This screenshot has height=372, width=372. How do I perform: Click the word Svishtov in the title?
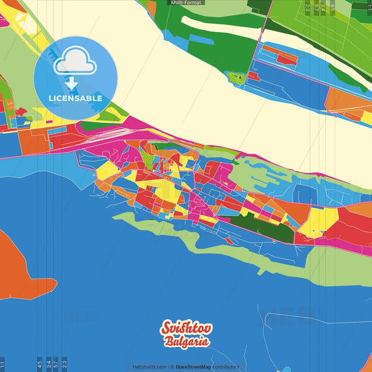tap(186, 329)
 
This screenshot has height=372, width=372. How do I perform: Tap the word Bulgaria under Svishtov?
tap(187, 342)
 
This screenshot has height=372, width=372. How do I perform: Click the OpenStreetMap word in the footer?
tap(193, 366)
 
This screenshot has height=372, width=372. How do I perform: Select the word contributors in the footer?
tap(226, 366)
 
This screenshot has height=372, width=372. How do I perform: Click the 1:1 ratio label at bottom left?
tap(3, 364)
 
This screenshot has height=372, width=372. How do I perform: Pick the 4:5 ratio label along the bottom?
tap(40, 364)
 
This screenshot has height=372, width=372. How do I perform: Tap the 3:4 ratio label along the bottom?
tap(48, 364)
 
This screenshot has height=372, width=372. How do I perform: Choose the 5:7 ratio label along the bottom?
tap(56, 364)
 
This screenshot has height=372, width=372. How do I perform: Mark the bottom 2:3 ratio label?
tap(64, 364)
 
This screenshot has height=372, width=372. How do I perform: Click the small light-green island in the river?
tap(237, 77)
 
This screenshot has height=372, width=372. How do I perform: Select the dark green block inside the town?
tap(251, 225)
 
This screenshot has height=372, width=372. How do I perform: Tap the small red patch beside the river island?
tap(253, 74)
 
